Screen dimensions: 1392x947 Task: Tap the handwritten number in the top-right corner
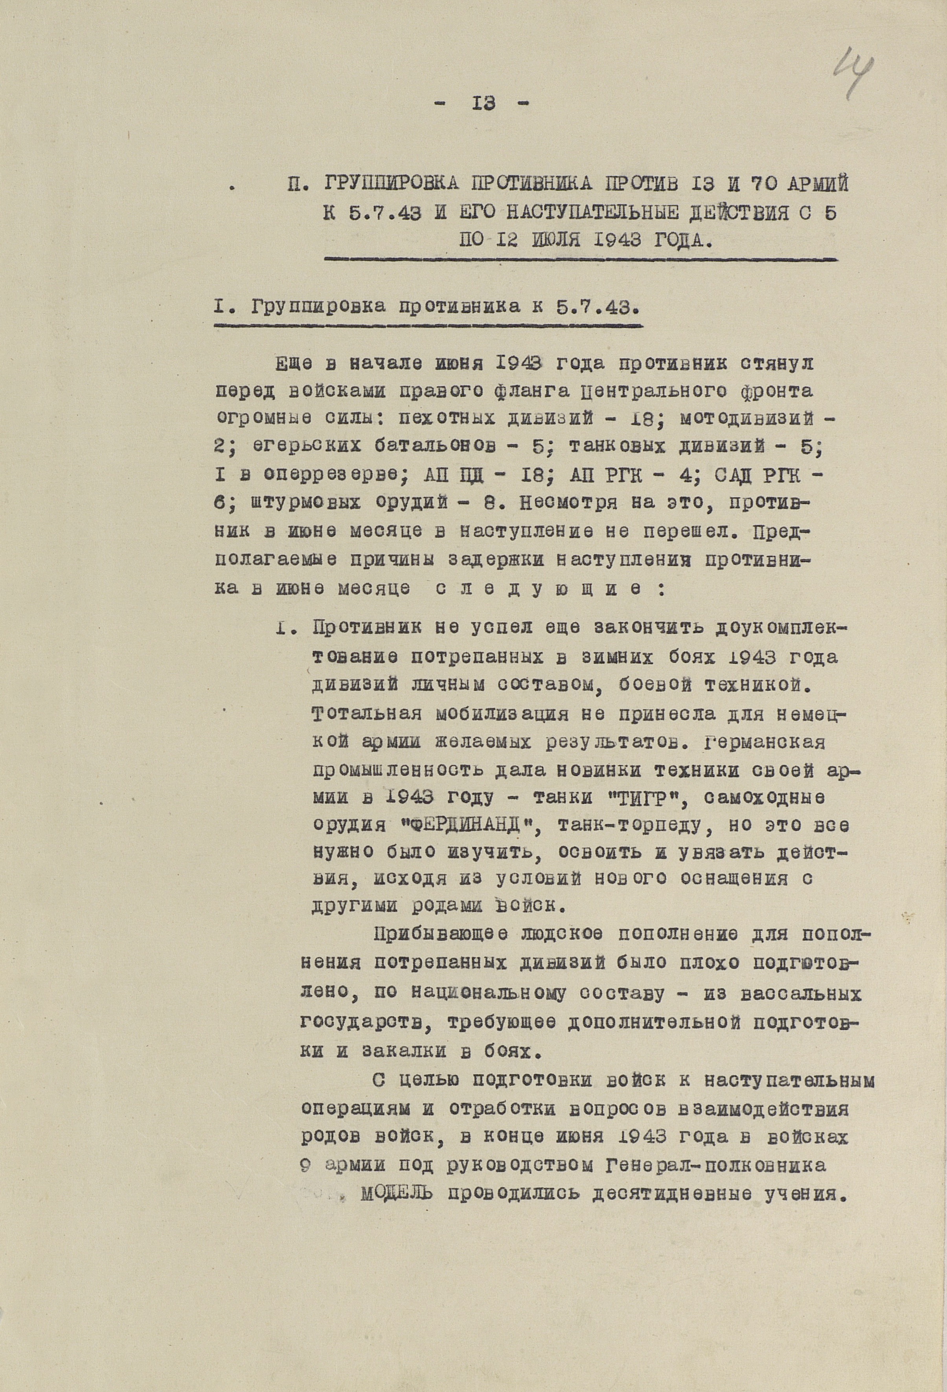point(855,75)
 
